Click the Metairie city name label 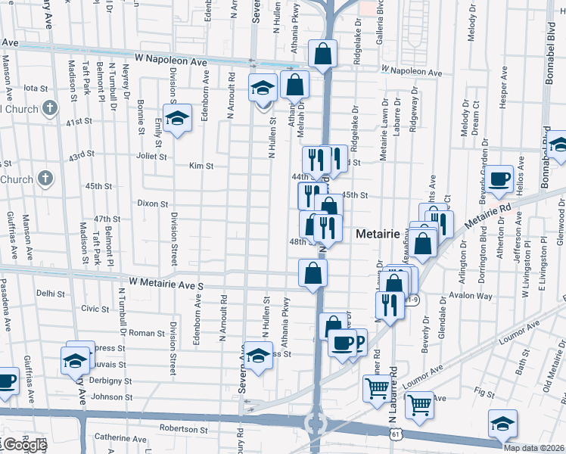(381, 235)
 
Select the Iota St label (36, 88)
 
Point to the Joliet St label (151, 157)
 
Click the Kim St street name (201, 166)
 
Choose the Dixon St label (152, 204)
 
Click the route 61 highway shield (396, 434)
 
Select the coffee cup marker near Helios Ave (499, 179)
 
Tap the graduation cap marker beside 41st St (177, 120)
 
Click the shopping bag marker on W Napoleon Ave (323, 54)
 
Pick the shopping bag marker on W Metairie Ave (313, 273)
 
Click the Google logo (24, 445)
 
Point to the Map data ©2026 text (534, 448)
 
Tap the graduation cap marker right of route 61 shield (502, 424)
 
